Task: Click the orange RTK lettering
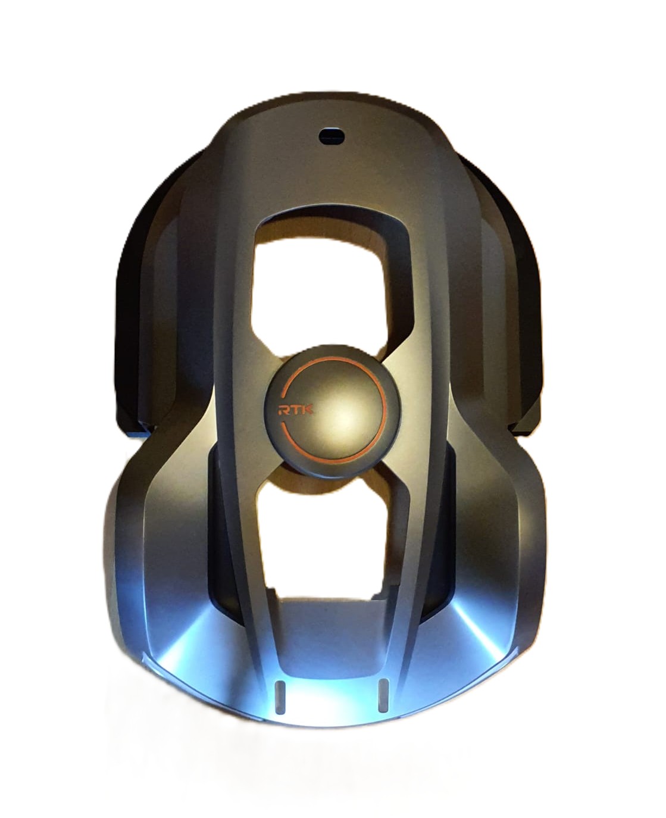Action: [296, 410]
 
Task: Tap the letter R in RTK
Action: [284, 411]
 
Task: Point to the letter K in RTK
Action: [308, 410]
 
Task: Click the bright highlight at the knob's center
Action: [345, 419]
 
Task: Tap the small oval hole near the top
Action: [332, 136]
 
